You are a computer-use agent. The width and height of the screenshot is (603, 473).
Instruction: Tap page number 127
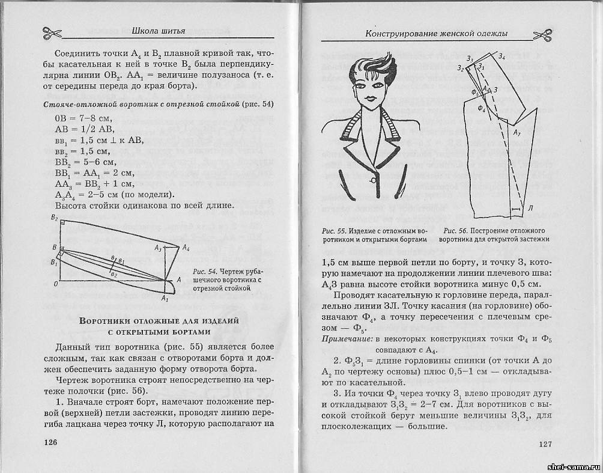pyautogui.click(x=545, y=444)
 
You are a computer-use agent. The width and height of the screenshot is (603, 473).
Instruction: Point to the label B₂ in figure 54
pyautogui.click(x=54, y=217)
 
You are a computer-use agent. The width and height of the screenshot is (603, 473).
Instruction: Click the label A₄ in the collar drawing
pyautogui.click(x=186, y=247)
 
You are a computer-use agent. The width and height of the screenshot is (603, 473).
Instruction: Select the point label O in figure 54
pyautogui.click(x=55, y=282)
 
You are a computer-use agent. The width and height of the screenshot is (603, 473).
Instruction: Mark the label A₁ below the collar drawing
pyautogui.click(x=165, y=298)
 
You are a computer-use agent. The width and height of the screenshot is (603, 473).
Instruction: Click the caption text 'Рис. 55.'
pyautogui.click(x=333, y=231)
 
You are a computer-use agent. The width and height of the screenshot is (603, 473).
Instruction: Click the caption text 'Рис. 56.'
pyautogui.click(x=455, y=231)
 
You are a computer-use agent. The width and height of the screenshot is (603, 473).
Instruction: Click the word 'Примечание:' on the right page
pyautogui.click(x=345, y=340)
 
